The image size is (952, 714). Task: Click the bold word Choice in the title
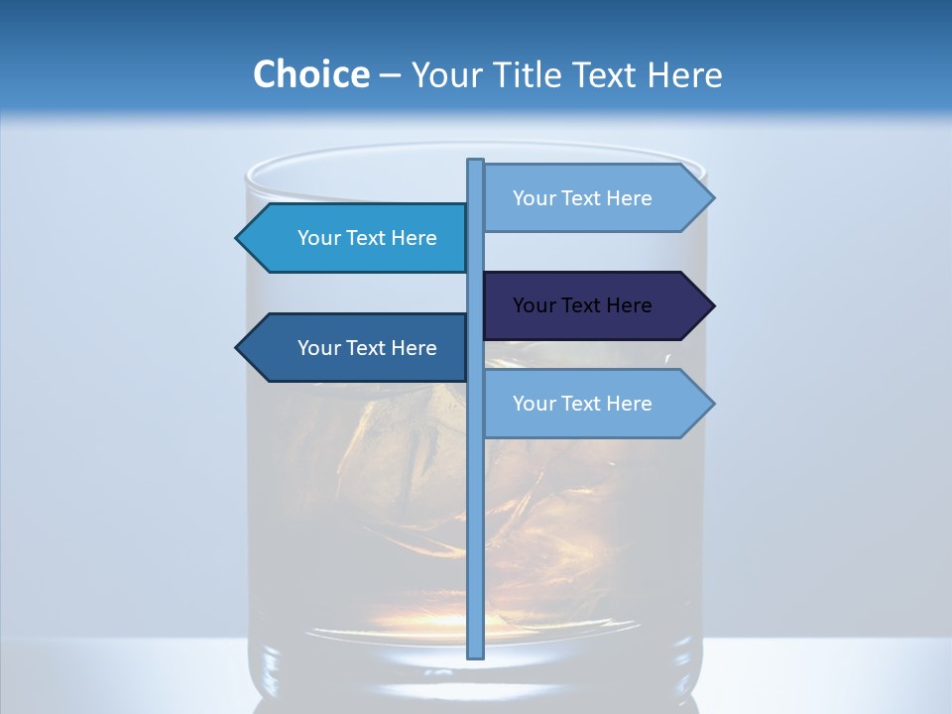[x=310, y=74]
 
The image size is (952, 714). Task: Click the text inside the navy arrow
[x=582, y=305]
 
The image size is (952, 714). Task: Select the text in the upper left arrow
[x=367, y=238]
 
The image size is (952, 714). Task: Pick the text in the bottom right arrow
[x=582, y=404]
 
